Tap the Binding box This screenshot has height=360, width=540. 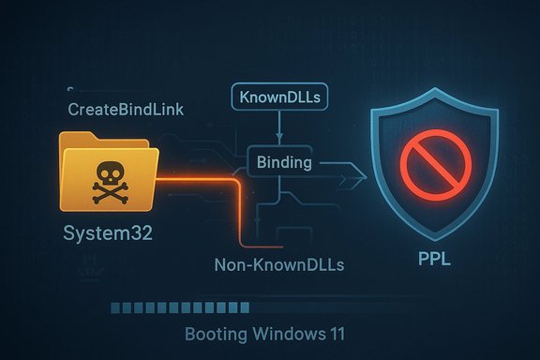point(284,163)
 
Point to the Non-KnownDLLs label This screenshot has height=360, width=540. point(279,265)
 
